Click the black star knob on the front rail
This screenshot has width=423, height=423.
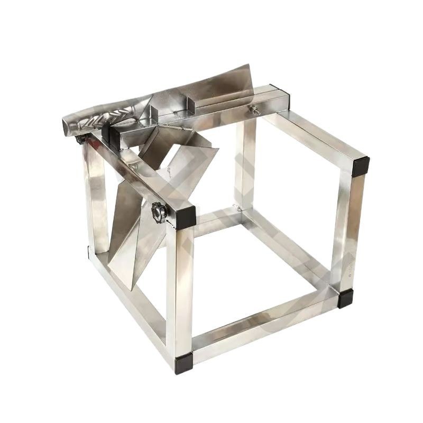click(159, 212)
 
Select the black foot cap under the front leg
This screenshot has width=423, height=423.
click(183, 365)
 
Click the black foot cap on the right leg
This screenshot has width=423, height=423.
click(346, 299)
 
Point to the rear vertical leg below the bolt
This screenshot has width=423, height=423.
click(245, 164)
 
